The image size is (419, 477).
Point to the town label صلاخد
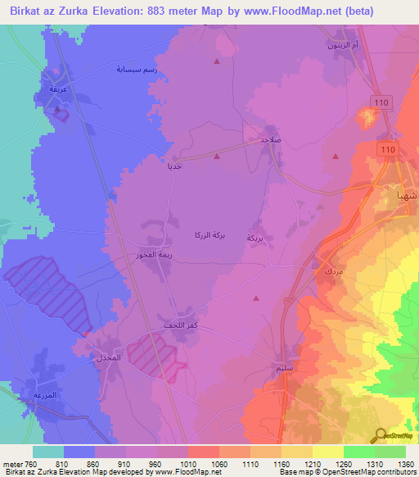(x=271, y=140)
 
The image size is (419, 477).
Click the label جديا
(x=174, y=166)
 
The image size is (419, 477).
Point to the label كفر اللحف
(x=181, y=326)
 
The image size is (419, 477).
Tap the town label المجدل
(x=108, y=358)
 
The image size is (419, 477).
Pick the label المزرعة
(x=44, y=395)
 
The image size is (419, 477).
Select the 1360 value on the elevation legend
(x=404, y=462)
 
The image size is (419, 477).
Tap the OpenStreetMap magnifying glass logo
(x=380, y=436)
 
